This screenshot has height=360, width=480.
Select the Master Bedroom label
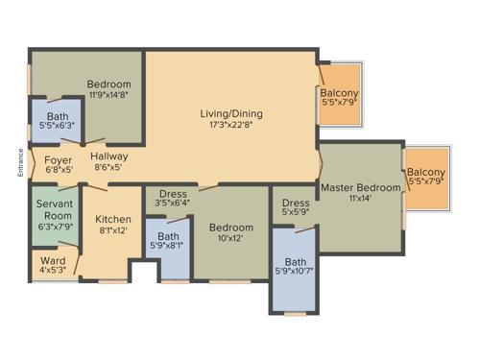coord(360,187)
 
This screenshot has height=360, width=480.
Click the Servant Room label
coord(54,210)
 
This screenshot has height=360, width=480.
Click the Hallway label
coord(110,156)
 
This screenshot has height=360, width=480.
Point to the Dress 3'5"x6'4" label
coord(173,197)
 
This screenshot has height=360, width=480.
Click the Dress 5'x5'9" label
coord(296,204)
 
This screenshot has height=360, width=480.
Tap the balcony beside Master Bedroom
coord(425,180)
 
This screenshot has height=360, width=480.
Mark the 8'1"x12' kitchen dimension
coord(113,230)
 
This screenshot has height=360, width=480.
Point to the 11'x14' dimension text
coord(360,200)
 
